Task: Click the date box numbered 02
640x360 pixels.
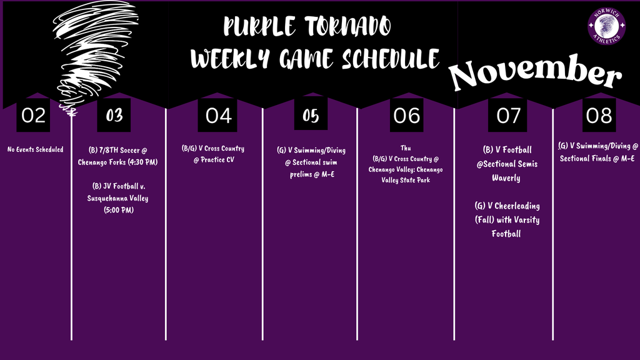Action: (32, 116)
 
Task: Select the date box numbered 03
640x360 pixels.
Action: (114, 116)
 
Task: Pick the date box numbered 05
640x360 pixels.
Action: (311, 116)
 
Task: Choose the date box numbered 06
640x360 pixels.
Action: (406, 116)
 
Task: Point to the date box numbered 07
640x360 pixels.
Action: (508, 116)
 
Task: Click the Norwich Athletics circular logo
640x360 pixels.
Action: (606, 26)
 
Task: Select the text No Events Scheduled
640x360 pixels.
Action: (36, 149)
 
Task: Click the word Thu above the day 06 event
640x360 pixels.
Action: (405, 148)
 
